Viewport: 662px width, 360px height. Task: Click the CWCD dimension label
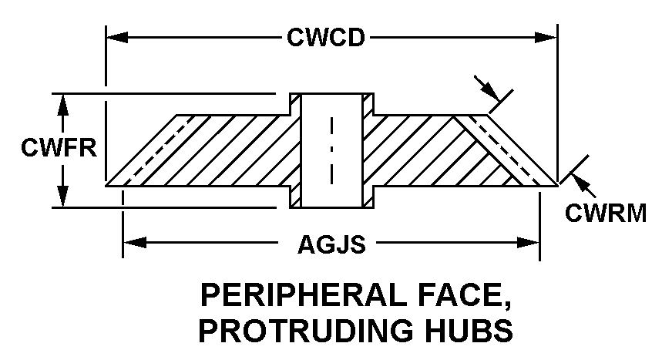[x=325, y=38]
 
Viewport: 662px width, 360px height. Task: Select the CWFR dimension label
[x=47, y=147]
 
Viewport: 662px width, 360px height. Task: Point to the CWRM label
[x=606, y=213]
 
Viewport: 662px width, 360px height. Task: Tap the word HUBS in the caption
[x=469, y=329]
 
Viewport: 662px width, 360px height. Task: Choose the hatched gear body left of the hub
[x=216, y=150]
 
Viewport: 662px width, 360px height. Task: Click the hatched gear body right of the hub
[x=432, y=150]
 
